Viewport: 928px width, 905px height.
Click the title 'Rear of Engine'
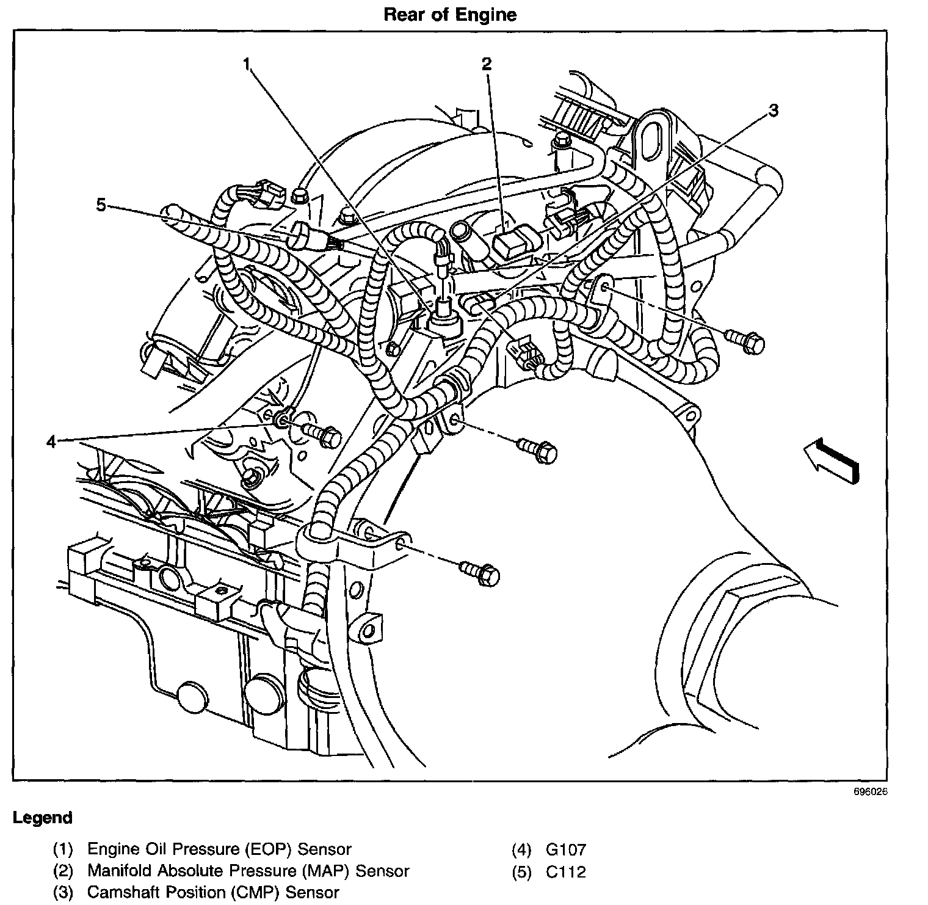click(x=450, y=15)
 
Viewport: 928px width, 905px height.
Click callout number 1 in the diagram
click(x=247, y=64)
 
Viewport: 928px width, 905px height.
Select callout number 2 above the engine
click(x=487, y=64)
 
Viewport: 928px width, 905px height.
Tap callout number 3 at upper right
click(x=773, y=111)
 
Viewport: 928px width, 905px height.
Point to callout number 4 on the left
click(x=52, y=441)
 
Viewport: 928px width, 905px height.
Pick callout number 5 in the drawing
click(x=101, y=205)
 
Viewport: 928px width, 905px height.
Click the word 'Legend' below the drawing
click(x=43, y=818)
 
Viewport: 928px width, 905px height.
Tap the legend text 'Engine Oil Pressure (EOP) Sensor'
click(x=220, y=849)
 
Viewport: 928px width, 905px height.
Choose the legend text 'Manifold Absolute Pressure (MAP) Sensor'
click(x=248, y=871)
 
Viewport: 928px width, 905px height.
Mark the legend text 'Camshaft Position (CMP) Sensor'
click(x=213, y=892)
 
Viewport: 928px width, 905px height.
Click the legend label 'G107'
click(x=567, y=849)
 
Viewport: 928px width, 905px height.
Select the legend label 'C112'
click(x=567, y=871)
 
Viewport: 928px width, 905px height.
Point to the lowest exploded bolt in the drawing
click(x=482, y=572)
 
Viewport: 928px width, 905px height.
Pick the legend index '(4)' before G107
click(x=521, y=849)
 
